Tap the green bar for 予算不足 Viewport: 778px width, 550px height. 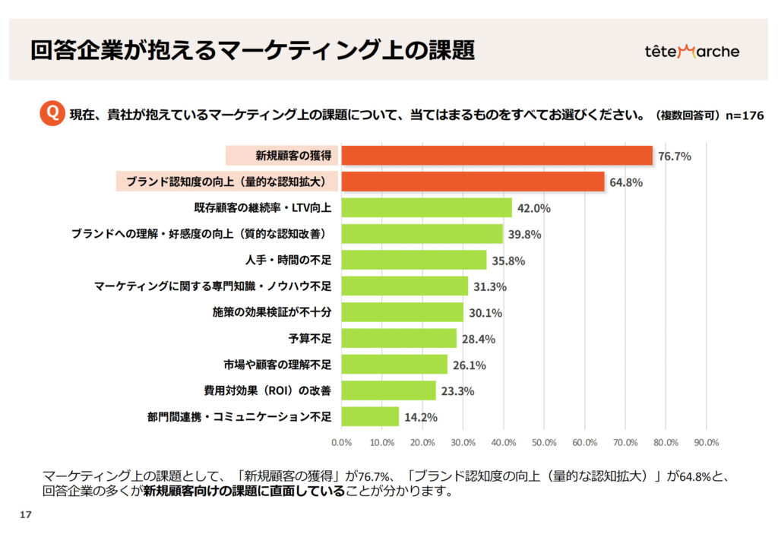pos(399,338)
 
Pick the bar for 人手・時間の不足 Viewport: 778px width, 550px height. pos(414,260)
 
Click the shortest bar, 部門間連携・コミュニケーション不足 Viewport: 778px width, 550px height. pos(370,416)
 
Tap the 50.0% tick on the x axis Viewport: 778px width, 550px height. pos(544,442)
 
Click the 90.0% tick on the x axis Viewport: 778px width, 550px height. pos(707,442)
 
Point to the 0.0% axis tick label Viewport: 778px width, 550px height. pos(342,442)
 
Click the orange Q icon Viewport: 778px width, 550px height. pos(51,114)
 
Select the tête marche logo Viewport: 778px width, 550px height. pos(691,52)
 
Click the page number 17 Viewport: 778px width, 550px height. pos(25,515)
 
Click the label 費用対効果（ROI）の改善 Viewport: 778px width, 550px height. pos(267,390)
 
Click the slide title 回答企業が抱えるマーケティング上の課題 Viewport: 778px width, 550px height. pos(253,50)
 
